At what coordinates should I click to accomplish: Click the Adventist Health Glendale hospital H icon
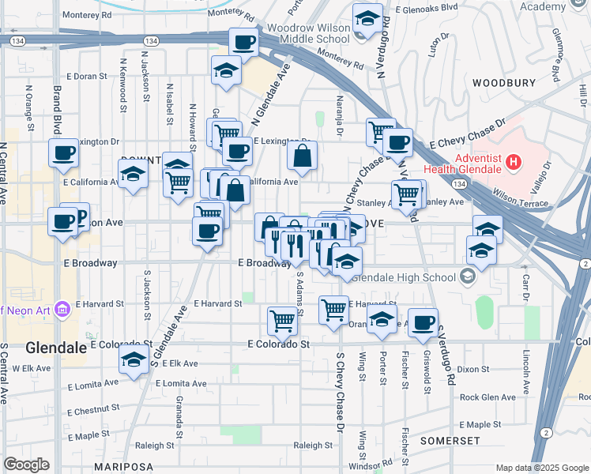514,163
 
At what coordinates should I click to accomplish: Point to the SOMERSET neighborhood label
450,440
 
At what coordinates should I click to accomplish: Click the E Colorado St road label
277,344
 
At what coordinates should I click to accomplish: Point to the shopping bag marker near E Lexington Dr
303,156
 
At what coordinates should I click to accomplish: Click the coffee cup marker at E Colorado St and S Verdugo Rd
423,322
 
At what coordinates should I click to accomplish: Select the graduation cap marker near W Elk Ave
134,360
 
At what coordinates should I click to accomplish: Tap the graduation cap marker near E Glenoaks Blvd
367,18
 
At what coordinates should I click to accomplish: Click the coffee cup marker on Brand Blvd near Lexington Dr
63,152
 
